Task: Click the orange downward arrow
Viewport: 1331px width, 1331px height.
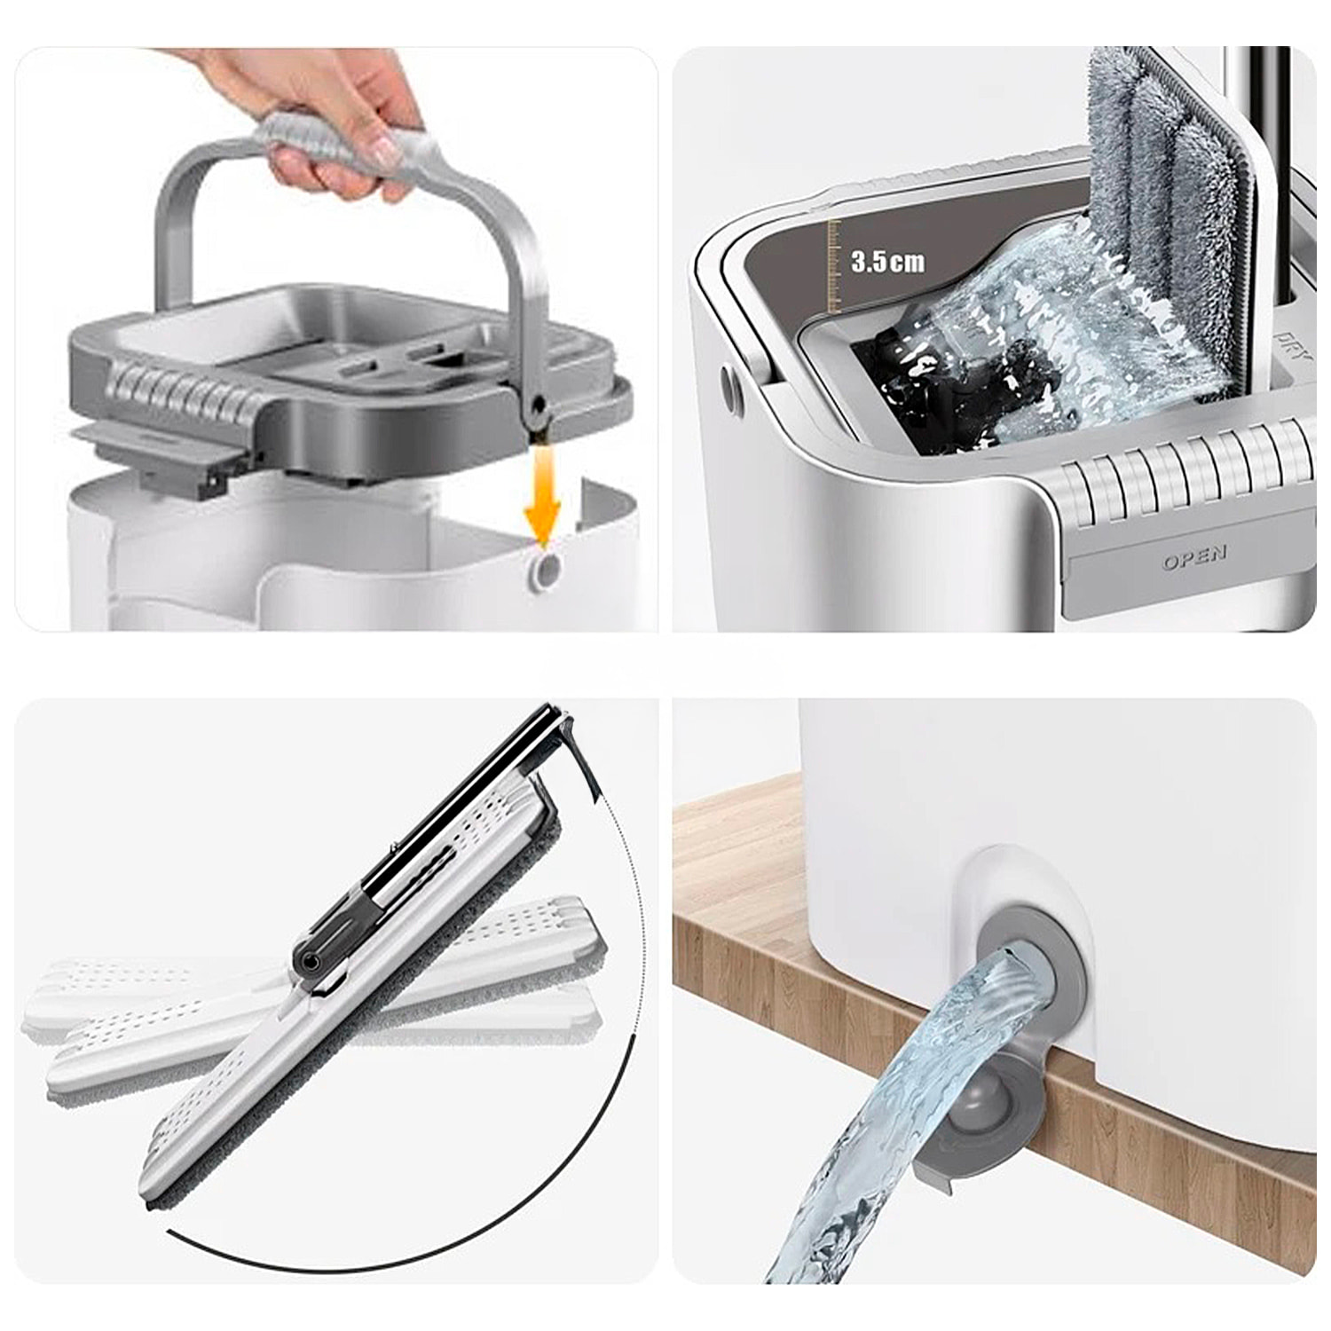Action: coord(542,497)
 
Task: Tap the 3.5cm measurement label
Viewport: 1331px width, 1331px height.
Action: coord(886,262)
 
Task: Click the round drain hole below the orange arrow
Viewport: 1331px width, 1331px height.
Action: coord(545,572)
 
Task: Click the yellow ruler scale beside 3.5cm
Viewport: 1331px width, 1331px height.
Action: coord(833,266)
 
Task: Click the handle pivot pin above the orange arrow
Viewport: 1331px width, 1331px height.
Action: coord(536,406)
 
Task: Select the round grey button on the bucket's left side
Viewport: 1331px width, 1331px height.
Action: coord(731,390)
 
